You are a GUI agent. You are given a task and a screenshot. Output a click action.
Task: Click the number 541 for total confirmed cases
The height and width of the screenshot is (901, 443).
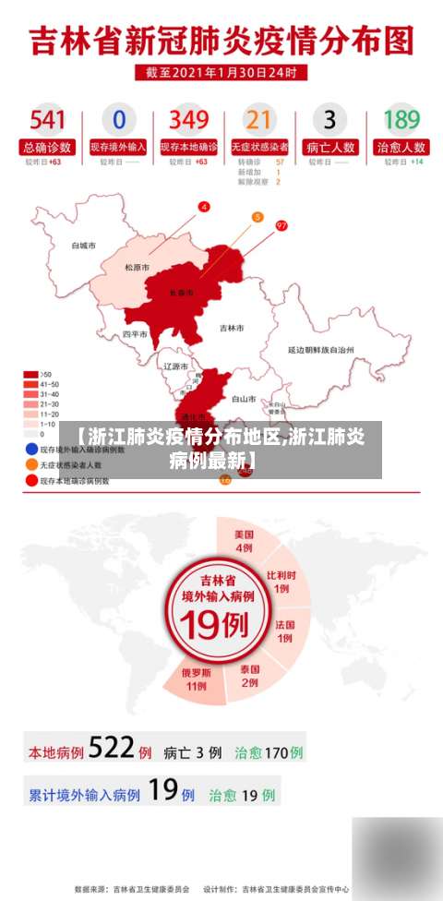(48, 119)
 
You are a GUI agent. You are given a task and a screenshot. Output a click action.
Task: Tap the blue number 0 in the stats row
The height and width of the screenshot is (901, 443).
(119, 119)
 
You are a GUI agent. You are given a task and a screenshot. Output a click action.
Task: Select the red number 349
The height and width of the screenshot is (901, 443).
(189, 119)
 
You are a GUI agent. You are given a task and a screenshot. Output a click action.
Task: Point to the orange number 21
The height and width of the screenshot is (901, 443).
(260, 119)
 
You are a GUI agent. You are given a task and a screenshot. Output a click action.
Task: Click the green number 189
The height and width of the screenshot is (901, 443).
(401, 119)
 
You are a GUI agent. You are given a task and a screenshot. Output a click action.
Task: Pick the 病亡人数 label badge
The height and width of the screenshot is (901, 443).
(330, 147)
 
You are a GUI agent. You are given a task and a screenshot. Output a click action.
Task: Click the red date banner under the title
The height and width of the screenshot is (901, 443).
(221, 71)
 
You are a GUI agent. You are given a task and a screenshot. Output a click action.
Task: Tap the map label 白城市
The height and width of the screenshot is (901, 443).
(84, 246)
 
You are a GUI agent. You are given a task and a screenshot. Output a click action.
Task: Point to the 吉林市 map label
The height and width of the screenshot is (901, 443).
(232, 328)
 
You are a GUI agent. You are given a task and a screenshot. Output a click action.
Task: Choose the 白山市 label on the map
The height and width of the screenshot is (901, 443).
(243, 399)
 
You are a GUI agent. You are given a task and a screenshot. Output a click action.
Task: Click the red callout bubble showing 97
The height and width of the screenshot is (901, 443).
(281, 225)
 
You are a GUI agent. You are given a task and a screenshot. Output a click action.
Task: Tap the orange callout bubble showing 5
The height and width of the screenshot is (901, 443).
(257, 217)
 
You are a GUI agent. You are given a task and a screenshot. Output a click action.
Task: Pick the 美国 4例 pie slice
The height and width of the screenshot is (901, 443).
(244, 541)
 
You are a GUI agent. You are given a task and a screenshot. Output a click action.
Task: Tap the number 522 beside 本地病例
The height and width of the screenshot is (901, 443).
(112, 749)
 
